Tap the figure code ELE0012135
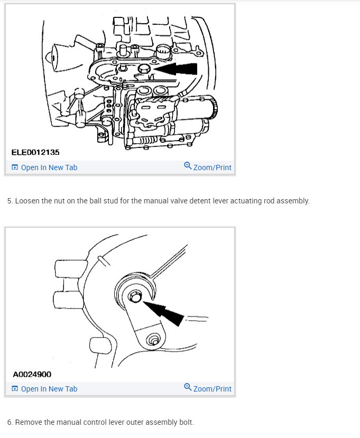pos(35,153)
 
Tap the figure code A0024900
pos(32,375)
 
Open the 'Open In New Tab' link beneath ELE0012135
pos(49,167)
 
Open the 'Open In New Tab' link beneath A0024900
pos(49,389)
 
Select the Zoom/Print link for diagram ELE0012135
pos(212,167)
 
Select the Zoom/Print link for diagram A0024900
pos(212,389)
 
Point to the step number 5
pos(10,201)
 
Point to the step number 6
pos(10,423)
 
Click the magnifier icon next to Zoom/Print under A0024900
pos(188,388)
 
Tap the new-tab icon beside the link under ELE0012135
pos(15,167)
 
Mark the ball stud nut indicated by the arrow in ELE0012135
pos(144,68)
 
